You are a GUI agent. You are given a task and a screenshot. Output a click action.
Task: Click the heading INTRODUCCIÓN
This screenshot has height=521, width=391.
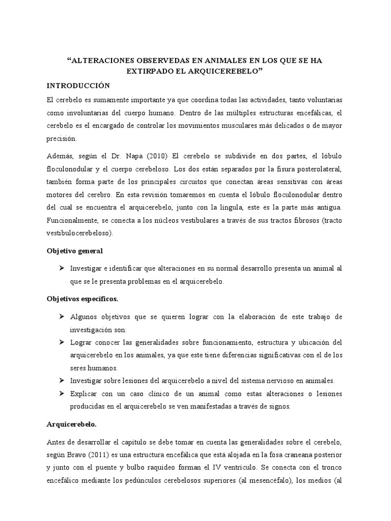click(x=77, y=85)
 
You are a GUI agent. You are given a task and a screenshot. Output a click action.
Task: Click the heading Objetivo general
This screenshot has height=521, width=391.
click(x=75, y=251)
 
